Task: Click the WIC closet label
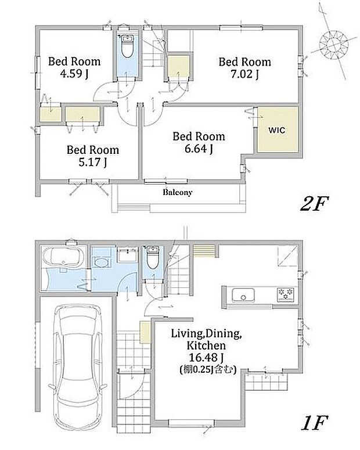[277, 130]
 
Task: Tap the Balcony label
[178, 192]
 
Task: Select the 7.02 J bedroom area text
[244, 74]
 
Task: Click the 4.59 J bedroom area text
[74, 74]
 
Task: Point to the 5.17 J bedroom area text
[93, 162]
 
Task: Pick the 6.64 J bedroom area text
[199, 149]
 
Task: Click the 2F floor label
[314, 203]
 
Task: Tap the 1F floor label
[314, 423]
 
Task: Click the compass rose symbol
[334, 45]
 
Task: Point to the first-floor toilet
[153, 257]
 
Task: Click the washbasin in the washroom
[101, 262]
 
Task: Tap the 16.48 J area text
[206, 357]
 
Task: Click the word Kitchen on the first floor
[206, 345]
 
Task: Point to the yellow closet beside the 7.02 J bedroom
[178, 67]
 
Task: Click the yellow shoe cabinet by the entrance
[145, 332]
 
